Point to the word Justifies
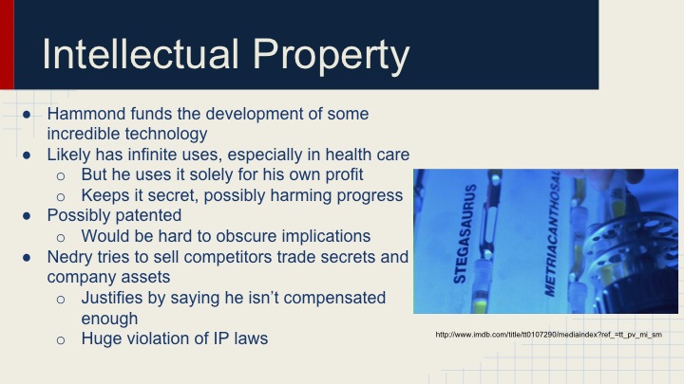coord(117,298)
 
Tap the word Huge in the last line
coord(102,338)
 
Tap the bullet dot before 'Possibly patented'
coord(29,215)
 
